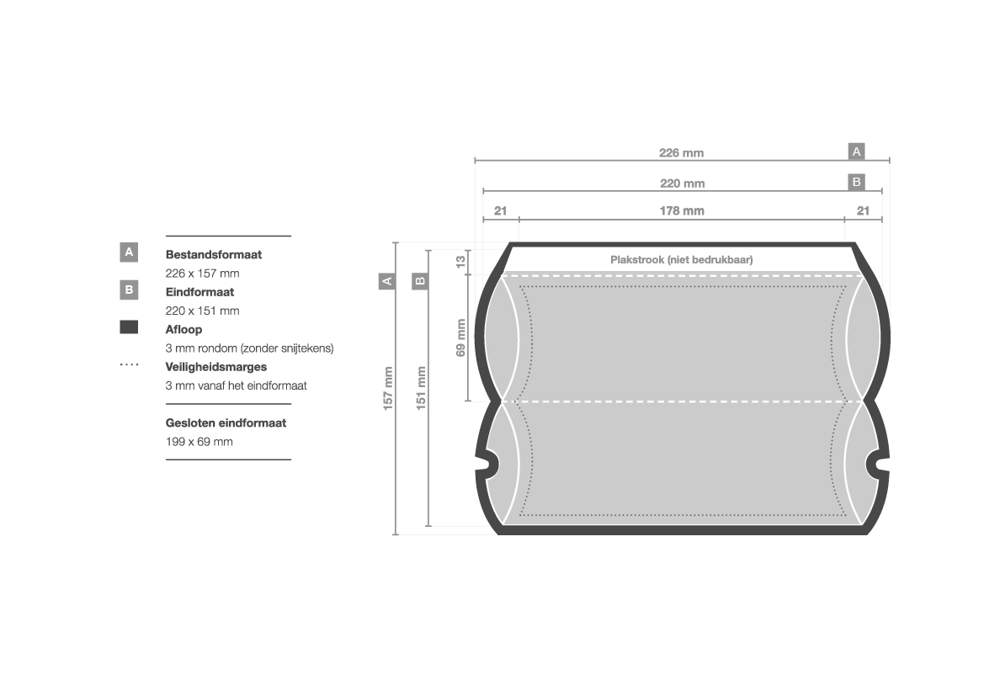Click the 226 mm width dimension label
pos(681,152)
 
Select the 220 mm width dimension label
pos(682,183)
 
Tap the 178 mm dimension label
pos(682,211)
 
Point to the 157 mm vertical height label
pos(388,389)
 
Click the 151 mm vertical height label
pos(421,389)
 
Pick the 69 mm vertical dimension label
pos(460,337)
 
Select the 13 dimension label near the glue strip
pos(460,261)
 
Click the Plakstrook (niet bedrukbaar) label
pos(682,259)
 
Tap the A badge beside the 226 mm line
pos(856,151)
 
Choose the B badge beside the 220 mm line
pos(856,182)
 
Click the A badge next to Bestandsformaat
pos(129,252)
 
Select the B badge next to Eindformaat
pos(129,290)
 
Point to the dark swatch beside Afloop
pos(129,327)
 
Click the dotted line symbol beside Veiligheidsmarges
pos(129,364)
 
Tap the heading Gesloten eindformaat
pos(226,423)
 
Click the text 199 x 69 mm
pos(199,442)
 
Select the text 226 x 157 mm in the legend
pos(202,273)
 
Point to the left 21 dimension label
pos(500,211)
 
